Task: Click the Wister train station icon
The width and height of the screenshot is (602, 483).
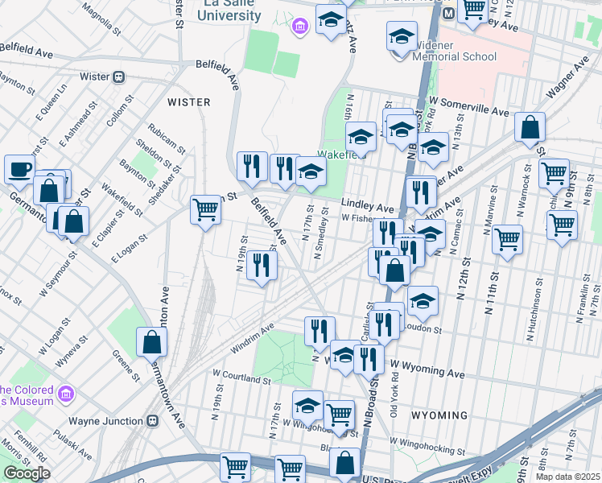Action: tap(118, 76)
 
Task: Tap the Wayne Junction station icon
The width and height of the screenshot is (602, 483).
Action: tap(151, 420)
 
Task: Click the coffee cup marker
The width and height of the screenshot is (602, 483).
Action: tap(19, 169)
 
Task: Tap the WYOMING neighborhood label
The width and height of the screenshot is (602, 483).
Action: tap(439, 415)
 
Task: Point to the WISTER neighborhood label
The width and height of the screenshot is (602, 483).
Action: tap(188, 102)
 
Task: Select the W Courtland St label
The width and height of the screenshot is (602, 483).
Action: tap(241, 376)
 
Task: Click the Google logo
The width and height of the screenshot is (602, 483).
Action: tap(27, 473)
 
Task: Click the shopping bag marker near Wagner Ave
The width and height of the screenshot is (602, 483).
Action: tap(530, 127)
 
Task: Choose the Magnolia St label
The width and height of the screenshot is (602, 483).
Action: tap(101, 12)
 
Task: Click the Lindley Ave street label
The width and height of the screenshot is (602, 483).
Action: tap(367, 205)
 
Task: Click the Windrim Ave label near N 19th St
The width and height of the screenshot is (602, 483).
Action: tap(253, 338)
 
